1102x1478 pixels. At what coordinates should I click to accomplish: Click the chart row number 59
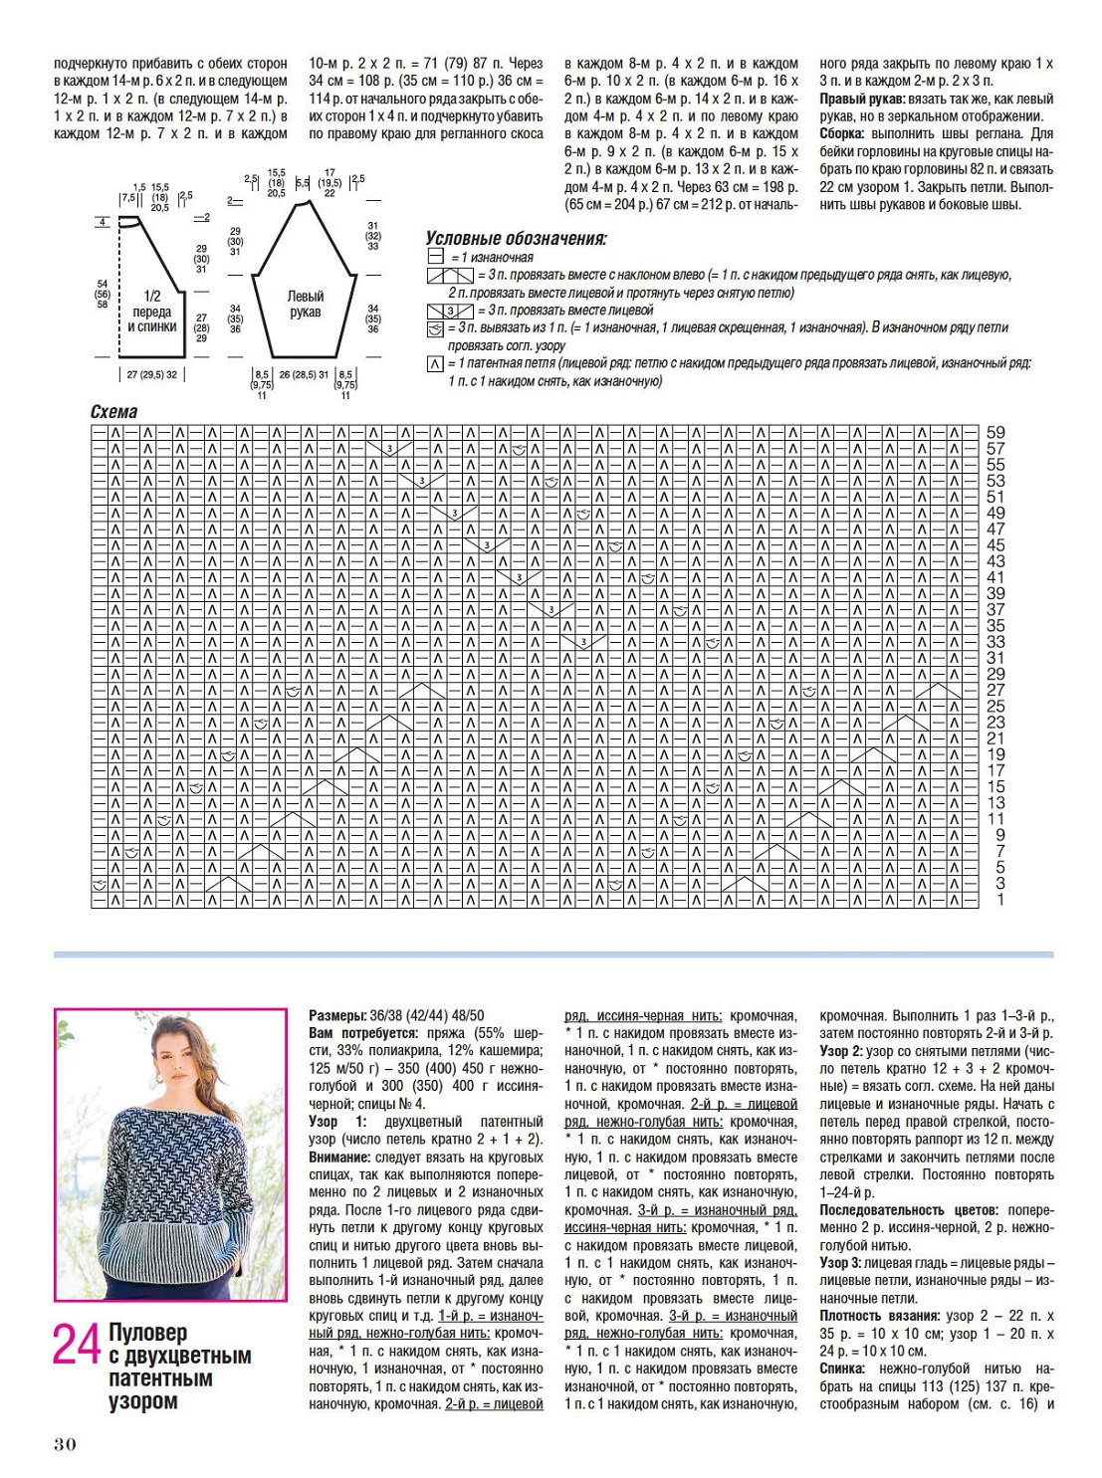click(995, 433)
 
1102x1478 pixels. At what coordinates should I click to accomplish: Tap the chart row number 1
click(1000, 900)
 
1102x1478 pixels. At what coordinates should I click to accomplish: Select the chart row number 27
click(995, 690)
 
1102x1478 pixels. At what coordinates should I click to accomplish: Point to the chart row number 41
click(995, 577)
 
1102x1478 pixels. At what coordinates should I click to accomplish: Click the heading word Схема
click(113, 412)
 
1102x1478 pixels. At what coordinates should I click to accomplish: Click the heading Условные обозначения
click(516, 239)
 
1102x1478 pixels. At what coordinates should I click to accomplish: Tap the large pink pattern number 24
click(77, 1346)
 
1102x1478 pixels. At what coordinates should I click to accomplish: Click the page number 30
click(65, 1444)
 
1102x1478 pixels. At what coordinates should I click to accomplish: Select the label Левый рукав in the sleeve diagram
click(306, 304)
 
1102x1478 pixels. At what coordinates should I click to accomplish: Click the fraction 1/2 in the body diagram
click(151, 296)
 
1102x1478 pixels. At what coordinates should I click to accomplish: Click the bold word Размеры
click(336, 1016)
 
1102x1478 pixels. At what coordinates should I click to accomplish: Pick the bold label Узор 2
click(841, 1051)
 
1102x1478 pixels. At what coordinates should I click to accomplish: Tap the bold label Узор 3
click(841, 1263)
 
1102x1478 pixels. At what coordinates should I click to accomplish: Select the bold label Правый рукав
click(861, 100)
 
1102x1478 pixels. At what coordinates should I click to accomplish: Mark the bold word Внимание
click(340, 1158)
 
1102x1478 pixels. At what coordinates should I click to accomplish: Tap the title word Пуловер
click(148, 1333)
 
